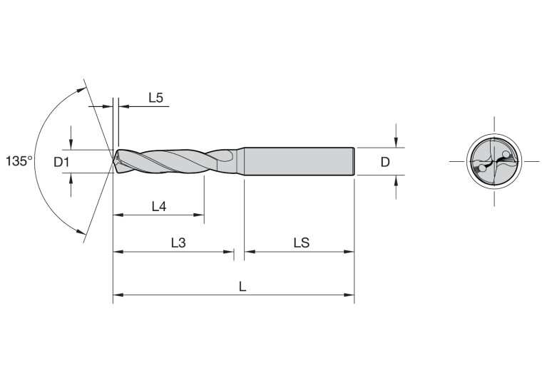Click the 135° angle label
click(x=19, y=161)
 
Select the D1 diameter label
click(x=62, y=162)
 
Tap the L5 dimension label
click(x=156, y=98)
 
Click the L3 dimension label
click(x=178, y=242)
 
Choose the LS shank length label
click(x=300, y=242)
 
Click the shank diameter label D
click(x=385, y=162)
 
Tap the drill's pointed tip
click(x=114, y=161)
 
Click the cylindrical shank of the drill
click(x=300, y=161)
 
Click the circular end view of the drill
click(x=494, y=162)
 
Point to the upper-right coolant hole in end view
click(x=505, y=154)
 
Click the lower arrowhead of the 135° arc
click(x=81, y=230)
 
